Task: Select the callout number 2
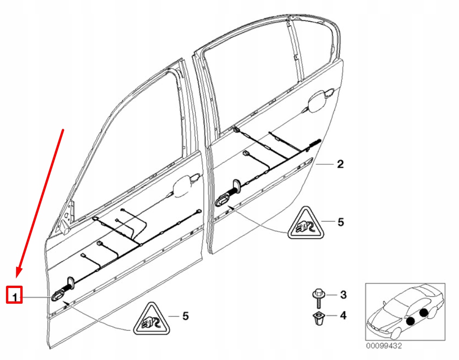click(x=340, y=164)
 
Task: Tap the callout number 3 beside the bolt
click(x=343, y=294)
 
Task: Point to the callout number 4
click(x=343, y=316)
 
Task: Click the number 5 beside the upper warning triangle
click(x=340, y=222)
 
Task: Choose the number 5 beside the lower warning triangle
click(x=185, y=316)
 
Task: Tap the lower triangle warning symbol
click(x=150, y=319)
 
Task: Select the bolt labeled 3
click(x=319, y=298)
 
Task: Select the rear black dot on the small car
click(x=424, y=312)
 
